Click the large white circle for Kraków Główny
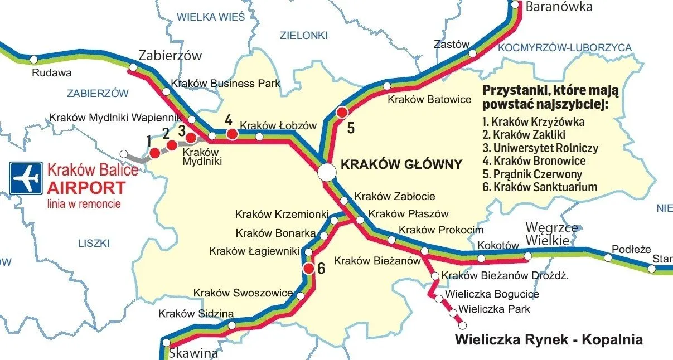pos(327,173)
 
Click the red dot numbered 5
pos(342,113)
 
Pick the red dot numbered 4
pos(231,134)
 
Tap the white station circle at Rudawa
pos(33,59)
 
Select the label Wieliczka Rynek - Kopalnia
pos(549,339)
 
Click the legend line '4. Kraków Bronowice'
pos(534,161)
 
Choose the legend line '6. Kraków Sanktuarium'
pos(539,187)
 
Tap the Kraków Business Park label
pos(225,84)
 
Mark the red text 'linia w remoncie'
pos(84,204)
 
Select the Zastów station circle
pos(472,53)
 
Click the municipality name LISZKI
pos(94,243)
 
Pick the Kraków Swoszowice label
pos(243,293)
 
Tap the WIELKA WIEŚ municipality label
pos(211,17)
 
